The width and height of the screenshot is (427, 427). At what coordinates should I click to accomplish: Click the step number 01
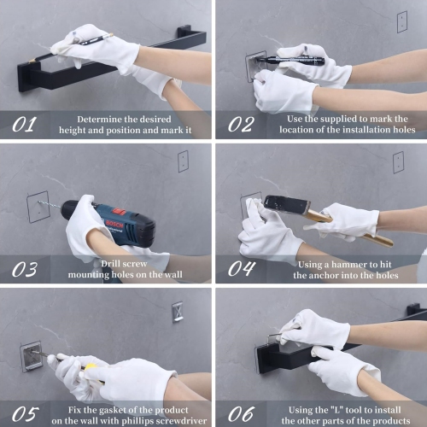click(25, 125)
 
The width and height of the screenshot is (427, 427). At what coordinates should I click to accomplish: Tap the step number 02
click(241, 125)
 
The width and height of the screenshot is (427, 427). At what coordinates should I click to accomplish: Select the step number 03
click(25, 269)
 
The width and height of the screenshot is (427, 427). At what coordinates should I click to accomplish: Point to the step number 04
click(242, 269)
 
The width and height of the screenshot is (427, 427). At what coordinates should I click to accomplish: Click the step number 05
click(26, 414)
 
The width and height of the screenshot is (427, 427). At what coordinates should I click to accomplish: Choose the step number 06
click(241, 414)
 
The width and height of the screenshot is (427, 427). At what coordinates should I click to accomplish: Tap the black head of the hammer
click(287, 205)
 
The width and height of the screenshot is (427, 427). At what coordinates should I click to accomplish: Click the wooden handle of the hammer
click(350, 228)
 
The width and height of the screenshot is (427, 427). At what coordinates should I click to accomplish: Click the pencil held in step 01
click(71, 48)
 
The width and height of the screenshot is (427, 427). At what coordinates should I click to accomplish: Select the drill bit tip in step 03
click(39, 202)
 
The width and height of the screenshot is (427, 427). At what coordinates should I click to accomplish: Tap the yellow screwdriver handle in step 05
click(91, 368)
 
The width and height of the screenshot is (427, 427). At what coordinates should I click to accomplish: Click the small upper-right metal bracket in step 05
click(178, 312)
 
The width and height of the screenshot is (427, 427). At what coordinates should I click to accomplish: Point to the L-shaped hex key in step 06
click(274, 338)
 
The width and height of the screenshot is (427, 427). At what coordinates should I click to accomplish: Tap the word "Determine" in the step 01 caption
click(96, 119)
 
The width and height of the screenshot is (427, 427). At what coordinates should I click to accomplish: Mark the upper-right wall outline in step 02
click(402, 21)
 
